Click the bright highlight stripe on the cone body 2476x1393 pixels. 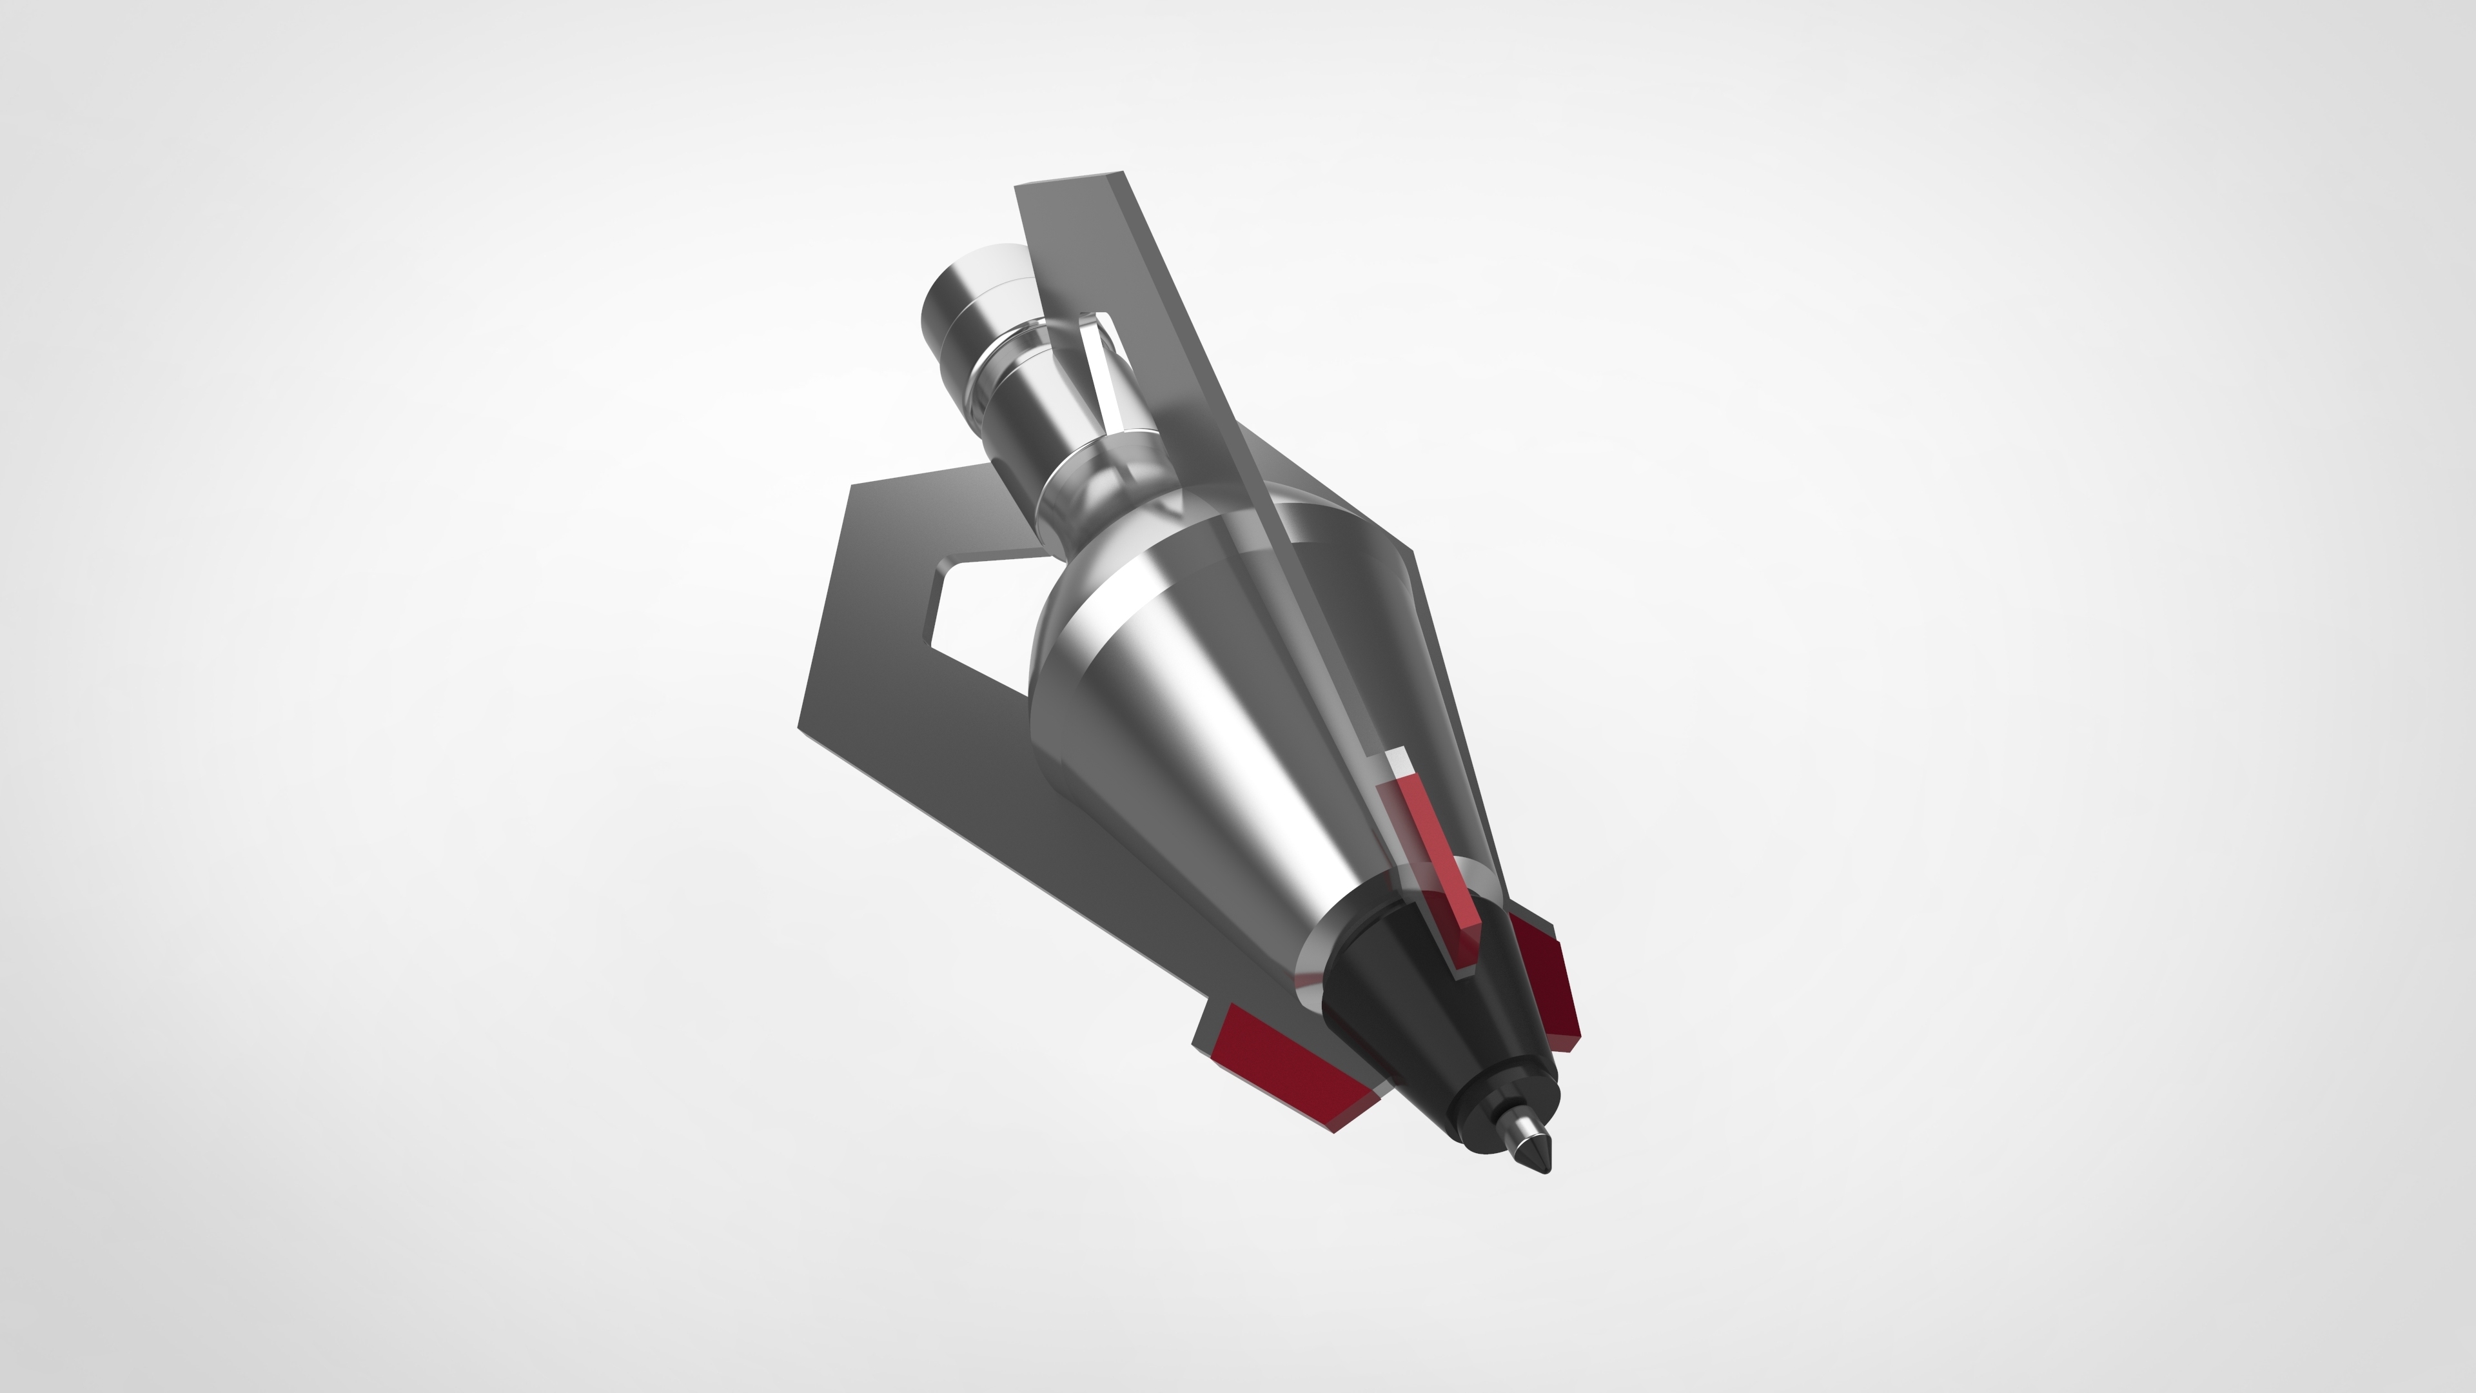[1250, 769]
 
